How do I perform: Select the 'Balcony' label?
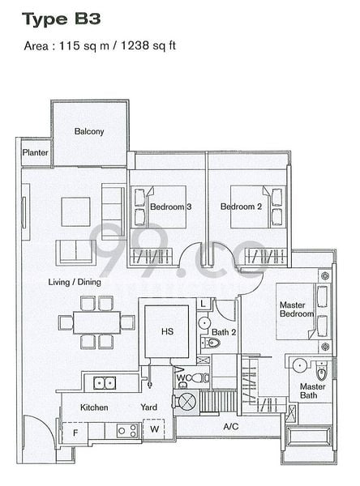tap(88, 131)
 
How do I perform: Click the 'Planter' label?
tap(35, 151)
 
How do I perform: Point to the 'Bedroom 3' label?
tap(170, 207)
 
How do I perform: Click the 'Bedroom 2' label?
tap(241, 207)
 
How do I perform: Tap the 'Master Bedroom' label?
tap(296, 310)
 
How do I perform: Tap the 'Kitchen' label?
tap(94, 407)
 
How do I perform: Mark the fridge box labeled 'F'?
tap(75, 433)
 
